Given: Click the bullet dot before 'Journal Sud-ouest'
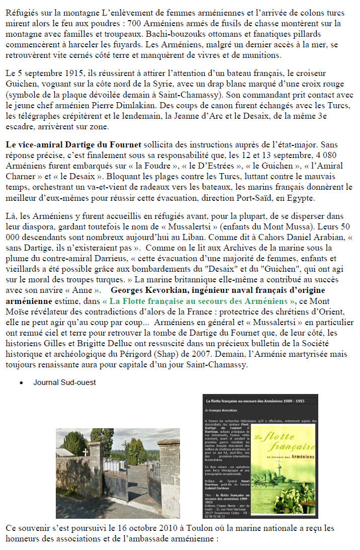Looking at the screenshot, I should tap(21, 382).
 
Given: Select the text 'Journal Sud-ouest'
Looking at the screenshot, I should tap(64, 382).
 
